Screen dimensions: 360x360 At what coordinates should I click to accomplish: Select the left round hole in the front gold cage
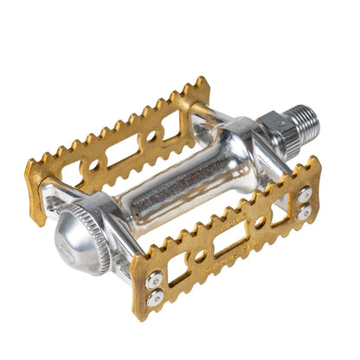pos(198,258)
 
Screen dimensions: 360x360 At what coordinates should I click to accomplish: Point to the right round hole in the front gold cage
pos(260,223)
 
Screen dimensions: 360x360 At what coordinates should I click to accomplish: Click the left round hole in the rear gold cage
pos(92,165)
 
